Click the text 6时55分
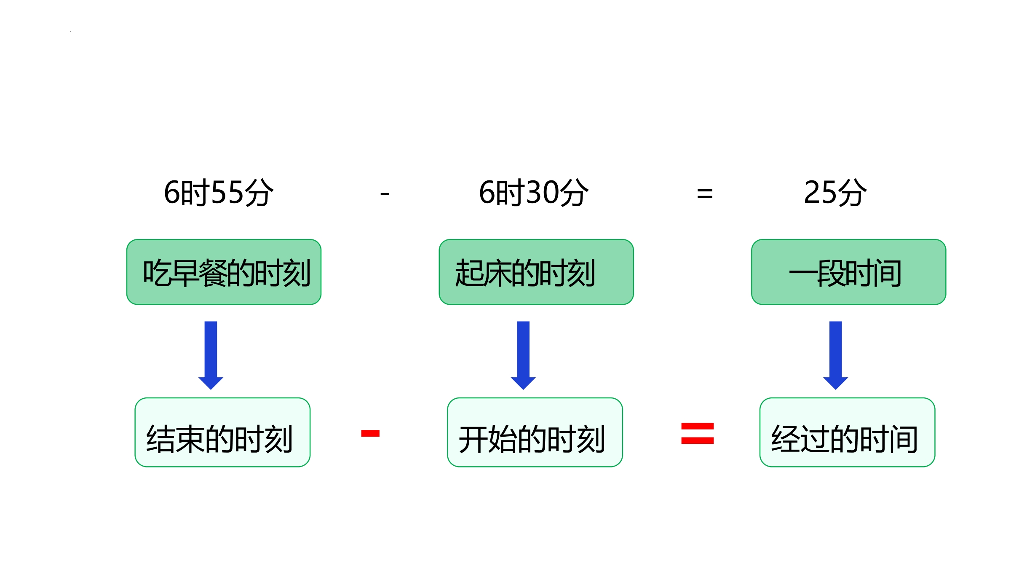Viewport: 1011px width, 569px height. [x=219, y=192]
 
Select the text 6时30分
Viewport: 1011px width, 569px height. [x=534, y=192]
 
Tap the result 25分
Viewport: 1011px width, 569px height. [x=835, y=192]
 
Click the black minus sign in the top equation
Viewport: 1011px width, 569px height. [x=385, y=194]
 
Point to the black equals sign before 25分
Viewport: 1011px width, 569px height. [x=705, y=194]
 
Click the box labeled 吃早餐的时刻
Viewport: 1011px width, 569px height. [x=224, y=272]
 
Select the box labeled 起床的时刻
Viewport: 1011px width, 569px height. [x=536, y=272]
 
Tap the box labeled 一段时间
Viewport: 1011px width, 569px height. [x=849, y=272]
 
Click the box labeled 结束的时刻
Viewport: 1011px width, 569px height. [x=222, y=432]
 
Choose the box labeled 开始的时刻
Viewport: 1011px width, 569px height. [x=535, y=432]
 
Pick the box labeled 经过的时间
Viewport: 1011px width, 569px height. [x=848, y=432]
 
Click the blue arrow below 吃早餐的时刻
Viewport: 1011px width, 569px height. [x=211, y=355]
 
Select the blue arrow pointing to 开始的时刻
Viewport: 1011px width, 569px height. [x=523, y=355]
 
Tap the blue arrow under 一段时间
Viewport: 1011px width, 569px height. [x=836, y=355]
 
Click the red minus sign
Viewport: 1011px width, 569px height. [x=370, y=433]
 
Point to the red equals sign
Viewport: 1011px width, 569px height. [x=698, y=433]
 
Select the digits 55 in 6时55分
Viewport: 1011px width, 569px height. [x=227, y=192]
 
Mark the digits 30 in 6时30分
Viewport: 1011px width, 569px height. [x=543, y=192]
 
